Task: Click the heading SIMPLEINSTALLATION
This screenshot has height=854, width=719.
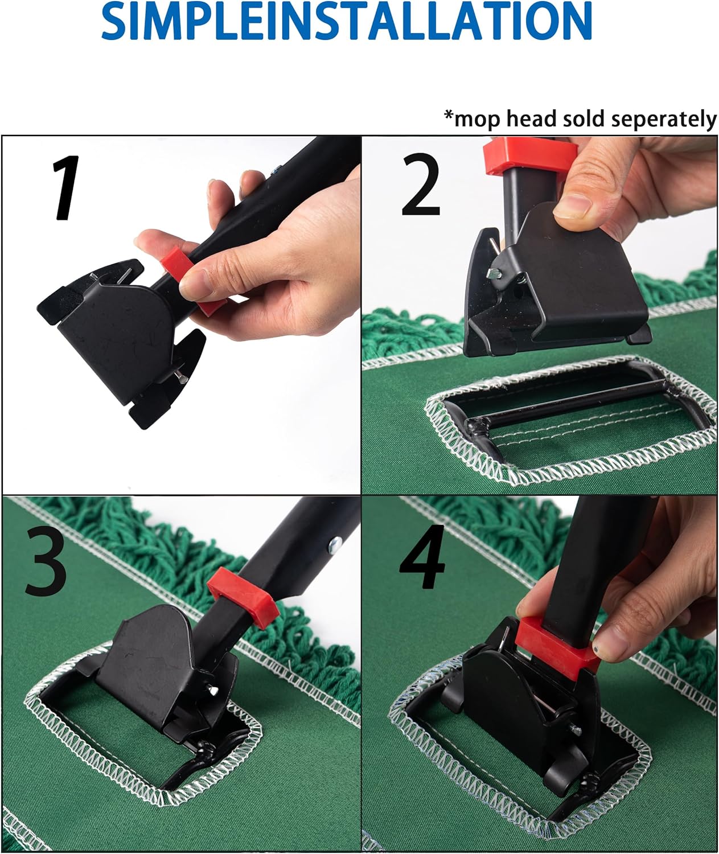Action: click(x=347, y=22)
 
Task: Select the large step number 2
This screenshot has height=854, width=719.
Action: click(x=421, y=186)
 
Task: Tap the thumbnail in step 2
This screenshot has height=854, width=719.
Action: click(x=575, y=206)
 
